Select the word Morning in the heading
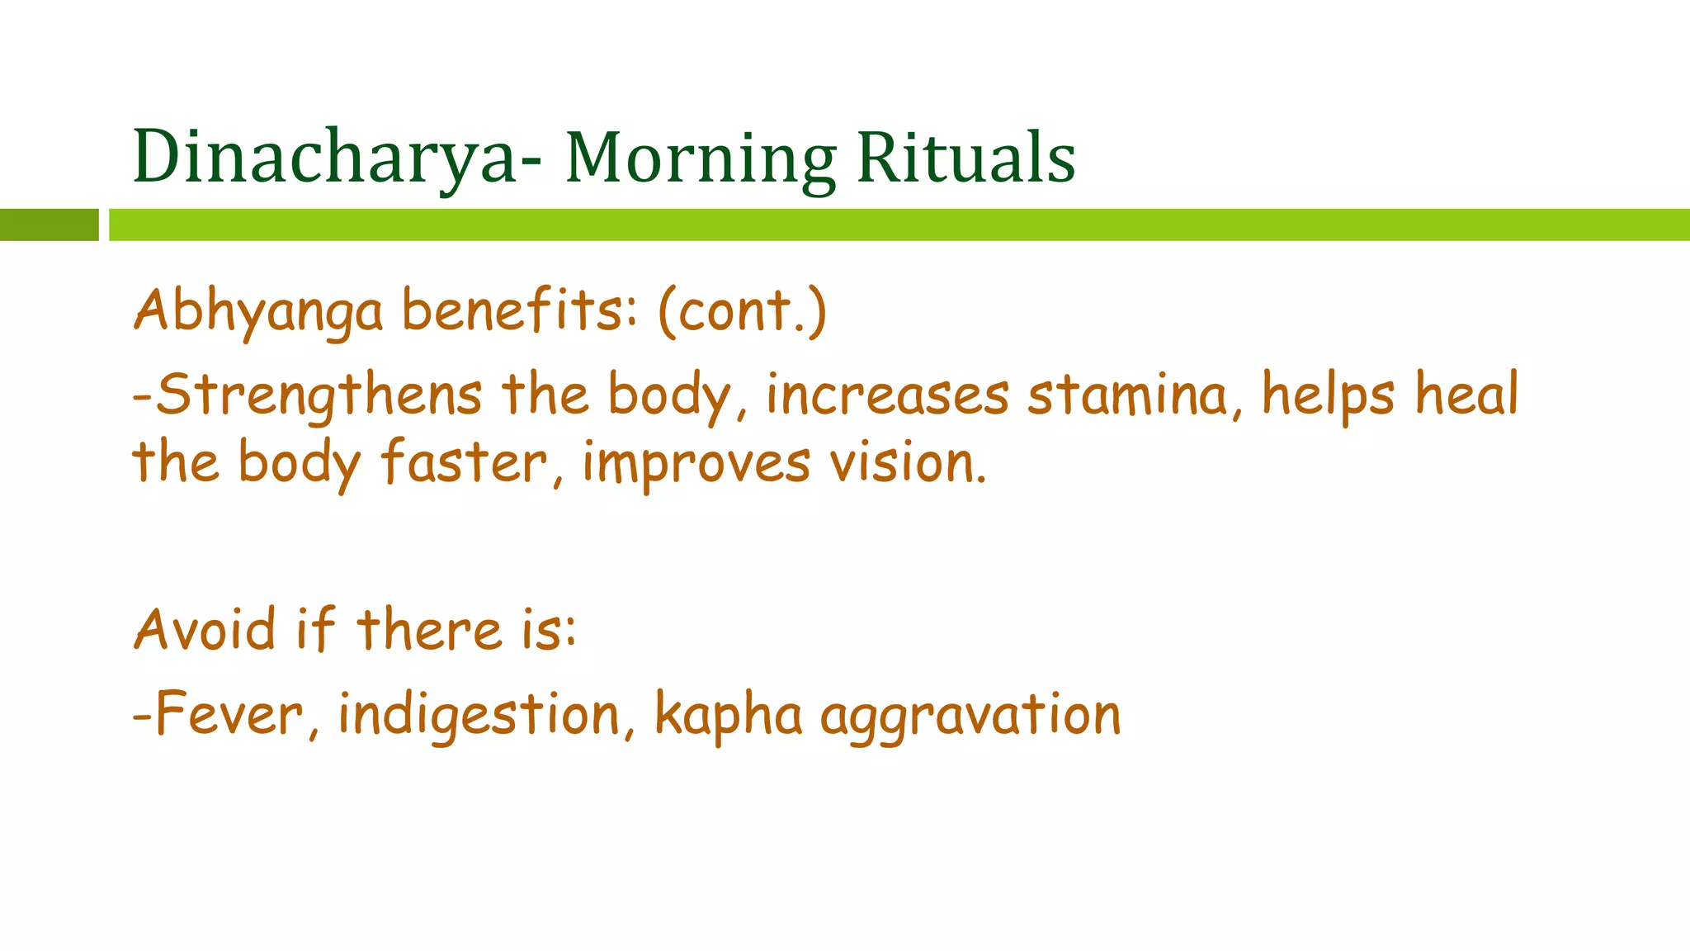tap(701, 158)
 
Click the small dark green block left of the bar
tap(49, 225)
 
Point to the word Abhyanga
tap(258, 312)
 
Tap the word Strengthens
tap(319, 395)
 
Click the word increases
tap(887, 395)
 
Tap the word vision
tap(908, 462)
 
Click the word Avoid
tap(204, 630)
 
